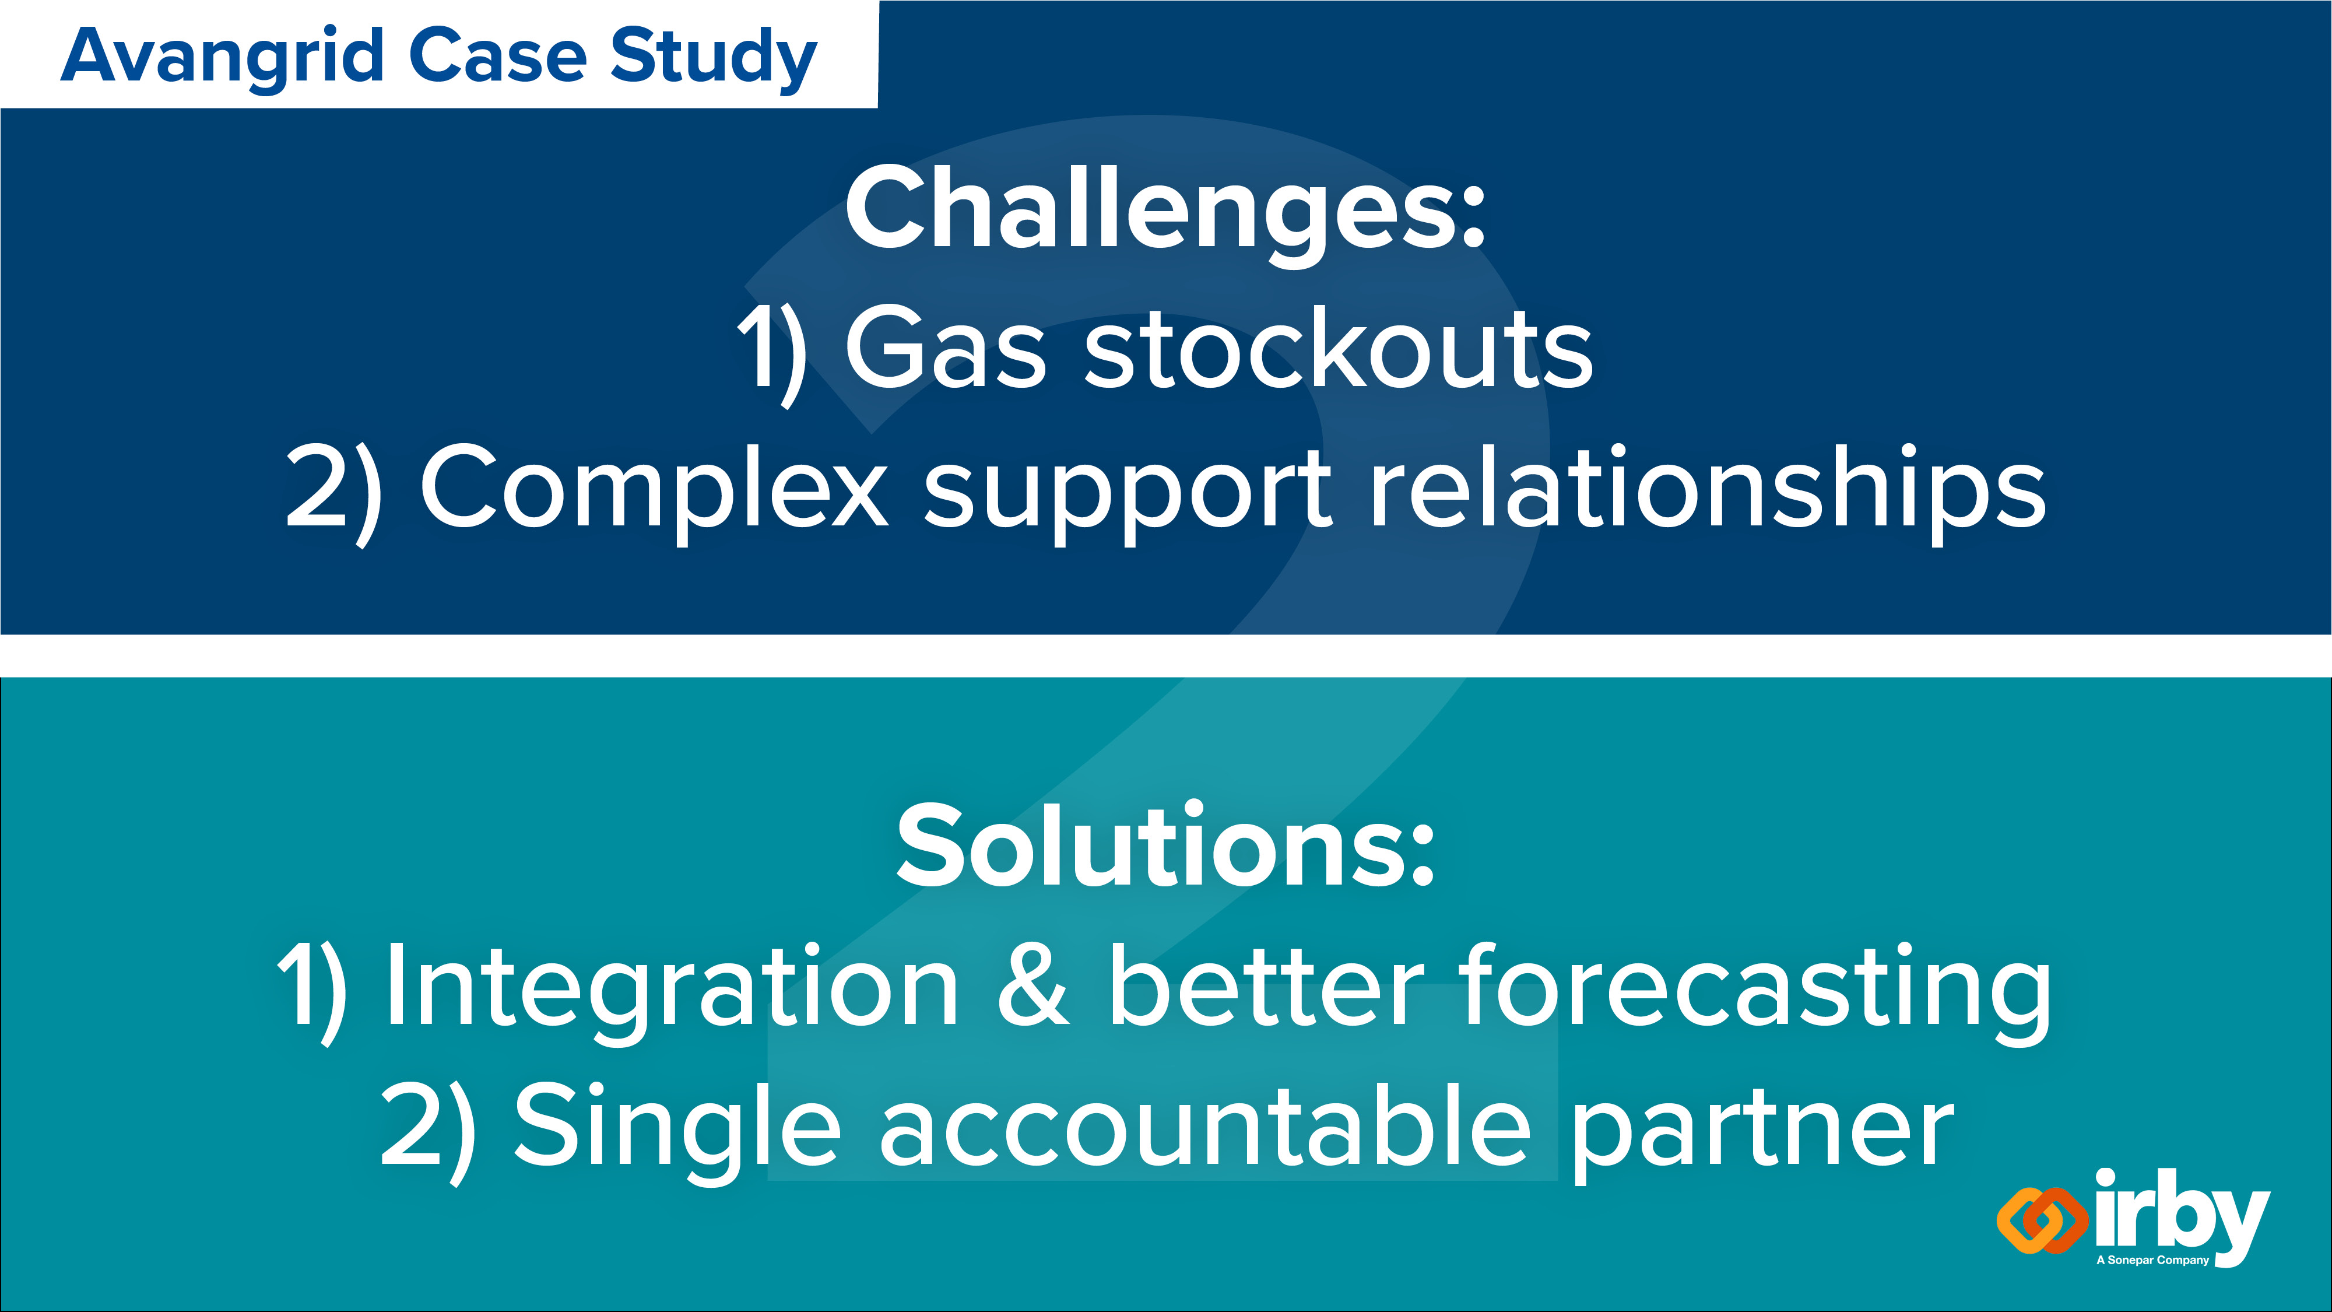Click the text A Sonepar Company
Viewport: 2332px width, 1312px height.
pos(2153,1260)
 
